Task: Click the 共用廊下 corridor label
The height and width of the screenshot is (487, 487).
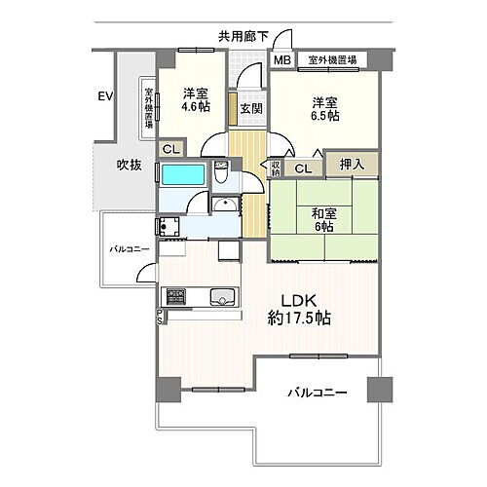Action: coord(243,37)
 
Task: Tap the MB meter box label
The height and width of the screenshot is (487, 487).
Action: coord(281,60)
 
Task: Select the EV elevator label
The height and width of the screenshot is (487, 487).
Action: coord(105,95)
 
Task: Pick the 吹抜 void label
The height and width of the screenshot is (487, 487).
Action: coord(130,165)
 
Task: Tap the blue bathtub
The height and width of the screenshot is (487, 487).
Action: coord(182,176)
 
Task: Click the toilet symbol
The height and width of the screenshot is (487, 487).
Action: coord(221,176)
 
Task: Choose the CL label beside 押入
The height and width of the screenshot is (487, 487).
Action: coord(303,169)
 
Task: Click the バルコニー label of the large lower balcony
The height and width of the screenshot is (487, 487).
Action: coord(317,394)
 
